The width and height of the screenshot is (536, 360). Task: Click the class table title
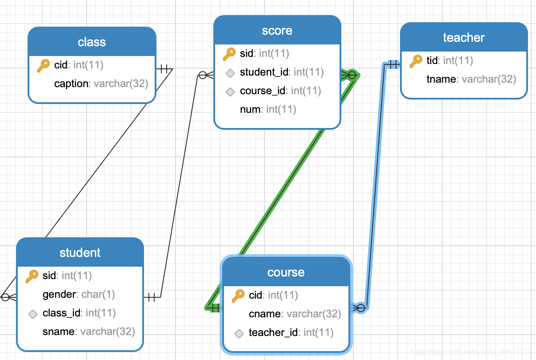click(x=92, y=42)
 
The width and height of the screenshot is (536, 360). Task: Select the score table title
click(x=277, y=31)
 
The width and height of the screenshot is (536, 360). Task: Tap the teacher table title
click(x=463, y=38)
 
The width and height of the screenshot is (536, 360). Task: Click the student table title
click(x=80, y=253)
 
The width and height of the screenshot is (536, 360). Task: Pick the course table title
click(x=286, y=272)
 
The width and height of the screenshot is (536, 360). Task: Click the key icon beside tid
click(x=416, y=61)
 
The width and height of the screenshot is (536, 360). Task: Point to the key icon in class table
click(x=44, y=66)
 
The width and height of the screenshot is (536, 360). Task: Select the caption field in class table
click(x=101, y=84)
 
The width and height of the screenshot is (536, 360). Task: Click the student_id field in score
click(x=281, y=72)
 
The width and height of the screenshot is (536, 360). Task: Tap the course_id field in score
click(x=280, y=91)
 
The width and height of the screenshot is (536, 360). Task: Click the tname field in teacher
click(x=471, y=79)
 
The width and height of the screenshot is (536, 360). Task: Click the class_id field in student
click(x=79, y=313)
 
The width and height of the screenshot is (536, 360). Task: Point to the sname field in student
click(x=88, y=332)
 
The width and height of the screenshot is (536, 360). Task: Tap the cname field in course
click(x=294, y=314)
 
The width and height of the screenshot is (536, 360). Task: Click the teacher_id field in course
click(x=291, y=332)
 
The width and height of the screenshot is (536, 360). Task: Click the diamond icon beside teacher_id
click(x=239, y=333)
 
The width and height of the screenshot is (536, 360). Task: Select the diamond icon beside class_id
click(x=32, y=313)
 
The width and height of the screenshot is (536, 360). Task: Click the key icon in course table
click(x=238, y=296)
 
